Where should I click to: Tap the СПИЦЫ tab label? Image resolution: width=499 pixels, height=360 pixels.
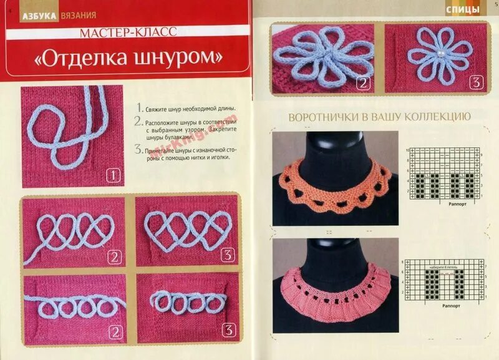pyautogui.click(x=463, y=9)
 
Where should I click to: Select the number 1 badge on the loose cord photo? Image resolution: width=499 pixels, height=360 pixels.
pyautogui.click(x=113, y=175)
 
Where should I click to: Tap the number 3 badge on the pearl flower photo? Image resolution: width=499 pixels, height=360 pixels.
pyautogui.click(x=476, y=82)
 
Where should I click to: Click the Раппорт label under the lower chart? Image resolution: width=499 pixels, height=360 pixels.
pyautogui.click(x=451, y=306)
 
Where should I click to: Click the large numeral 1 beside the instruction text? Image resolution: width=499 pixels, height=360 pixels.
pyautogui.click(x=138, y=107)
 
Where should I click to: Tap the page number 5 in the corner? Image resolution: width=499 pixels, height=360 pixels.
pyautogui.click(x=495, y=4)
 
